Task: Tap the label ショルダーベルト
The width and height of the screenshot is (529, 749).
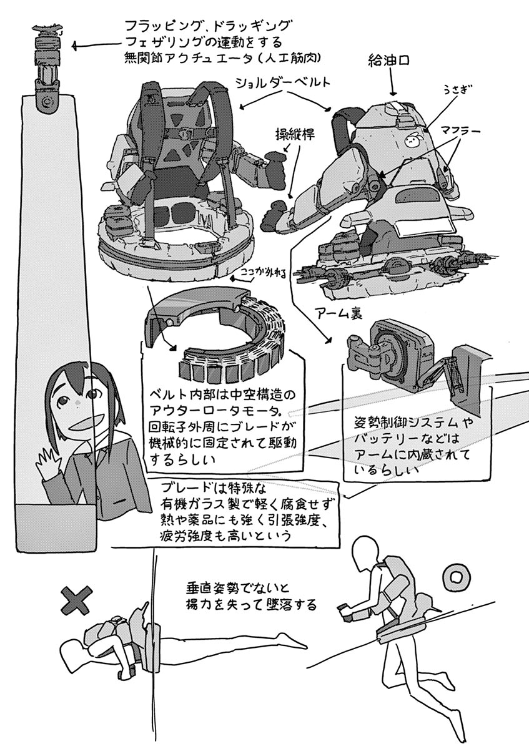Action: click(284, 82)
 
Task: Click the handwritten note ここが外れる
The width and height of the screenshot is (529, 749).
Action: click(264, 273)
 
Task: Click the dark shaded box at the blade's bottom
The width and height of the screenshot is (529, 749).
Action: click(56, 527)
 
